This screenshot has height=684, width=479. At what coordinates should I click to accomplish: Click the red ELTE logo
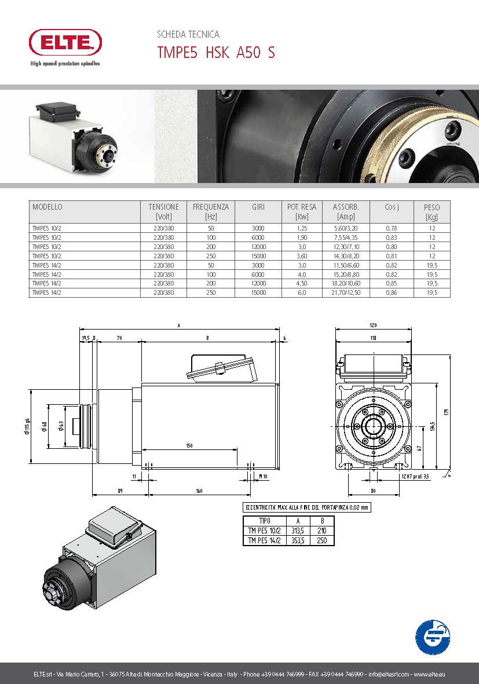(65, 43)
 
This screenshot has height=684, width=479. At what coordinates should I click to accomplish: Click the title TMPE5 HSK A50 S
(216, 53)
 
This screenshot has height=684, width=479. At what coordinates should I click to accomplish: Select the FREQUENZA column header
(210, 211)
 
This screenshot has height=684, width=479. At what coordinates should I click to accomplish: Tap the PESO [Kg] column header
(432, 211)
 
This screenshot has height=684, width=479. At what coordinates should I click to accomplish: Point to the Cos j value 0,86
(391, 292)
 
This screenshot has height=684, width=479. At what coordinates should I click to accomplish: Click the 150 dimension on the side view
(189, 445)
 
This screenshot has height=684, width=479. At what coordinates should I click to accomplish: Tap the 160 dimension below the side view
(199, 491)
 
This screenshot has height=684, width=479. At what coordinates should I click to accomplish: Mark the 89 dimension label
(119, 491)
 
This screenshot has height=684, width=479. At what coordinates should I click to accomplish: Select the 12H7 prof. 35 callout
(415, 477)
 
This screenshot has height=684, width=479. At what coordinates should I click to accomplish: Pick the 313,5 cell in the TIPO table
(298, 531)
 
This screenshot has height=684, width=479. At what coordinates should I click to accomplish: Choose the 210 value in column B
(322, 531)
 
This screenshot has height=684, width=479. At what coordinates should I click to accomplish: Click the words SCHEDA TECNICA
(188, 35)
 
